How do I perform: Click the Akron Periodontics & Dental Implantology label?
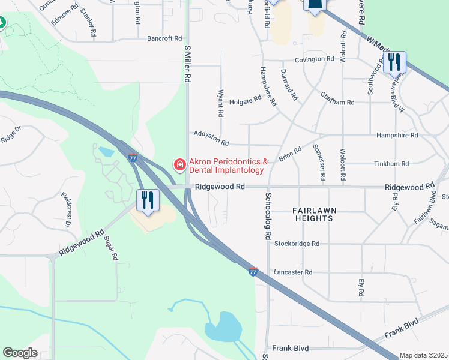point(227,166)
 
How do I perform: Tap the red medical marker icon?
point(179,164)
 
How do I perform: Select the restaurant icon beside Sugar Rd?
point(148,201)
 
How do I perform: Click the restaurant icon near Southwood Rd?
point(394,62)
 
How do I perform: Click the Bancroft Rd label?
point(164,38)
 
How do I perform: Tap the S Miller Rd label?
point(188,63)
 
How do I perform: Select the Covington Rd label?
point(314,59)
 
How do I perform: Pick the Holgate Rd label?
point(246,99)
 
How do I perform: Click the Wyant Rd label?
point(221,103)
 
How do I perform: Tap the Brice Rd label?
point(290,155)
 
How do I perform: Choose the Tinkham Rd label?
point(391,163)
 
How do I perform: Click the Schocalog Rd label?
point(268,216)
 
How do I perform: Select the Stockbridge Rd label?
point(297,244)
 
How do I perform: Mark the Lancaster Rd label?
point(293,272)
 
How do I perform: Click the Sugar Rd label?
point(111,247)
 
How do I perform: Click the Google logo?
point(20,353)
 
